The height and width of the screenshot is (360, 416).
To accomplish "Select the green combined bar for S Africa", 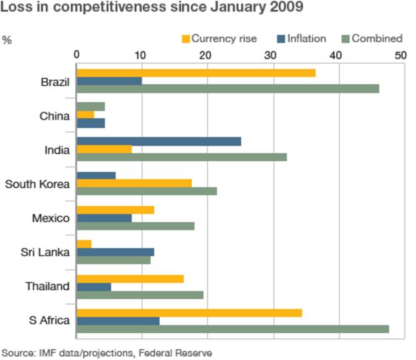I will tap(233, 329).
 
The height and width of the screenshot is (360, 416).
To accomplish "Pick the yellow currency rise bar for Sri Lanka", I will tap(84, 244).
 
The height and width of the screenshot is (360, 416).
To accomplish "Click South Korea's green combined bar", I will tap(147, 191).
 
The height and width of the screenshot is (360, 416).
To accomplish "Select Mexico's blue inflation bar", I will tap(104, 217).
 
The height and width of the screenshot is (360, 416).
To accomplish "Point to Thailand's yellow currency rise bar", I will tap(130, 279).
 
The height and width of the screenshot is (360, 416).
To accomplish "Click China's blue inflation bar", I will tap(91, 123).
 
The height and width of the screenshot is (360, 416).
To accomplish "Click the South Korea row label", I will tap(37, 183).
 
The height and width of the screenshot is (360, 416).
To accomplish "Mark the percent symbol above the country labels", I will tap(7, 40).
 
